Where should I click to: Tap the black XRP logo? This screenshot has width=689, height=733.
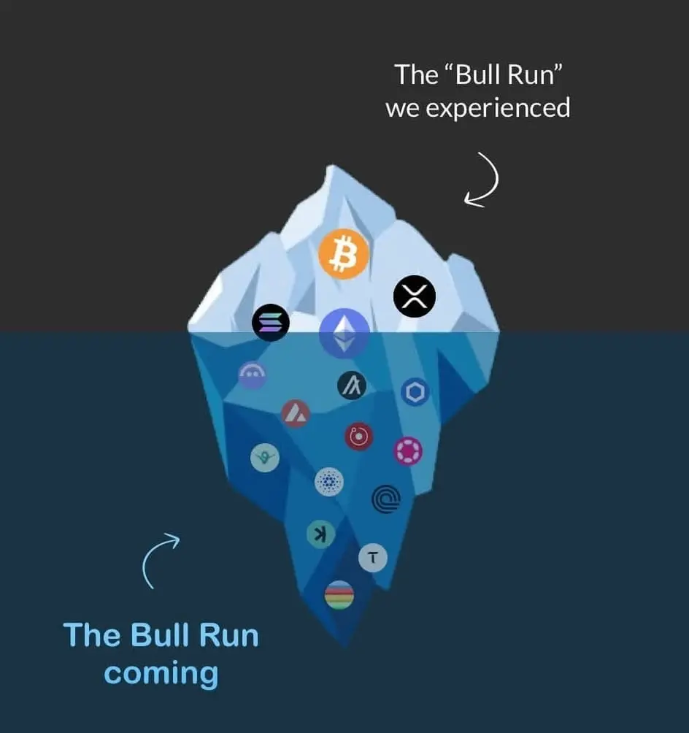tap(415, 296)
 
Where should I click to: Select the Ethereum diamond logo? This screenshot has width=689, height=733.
tap(344, 334)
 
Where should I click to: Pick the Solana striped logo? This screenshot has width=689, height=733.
tap(271, 322)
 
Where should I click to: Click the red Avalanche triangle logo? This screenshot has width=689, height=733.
tap(296, 414)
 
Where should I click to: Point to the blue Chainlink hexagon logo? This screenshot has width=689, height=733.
tap(415, 392)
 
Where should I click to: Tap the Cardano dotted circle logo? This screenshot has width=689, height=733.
tap(328, 482)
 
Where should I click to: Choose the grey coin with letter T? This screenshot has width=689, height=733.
tap(373, 559)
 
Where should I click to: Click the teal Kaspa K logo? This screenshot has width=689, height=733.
tap(320, 534)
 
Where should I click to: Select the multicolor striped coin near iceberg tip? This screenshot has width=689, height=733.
tap(339, 595)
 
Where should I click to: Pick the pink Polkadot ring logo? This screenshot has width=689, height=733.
tap(408, 451)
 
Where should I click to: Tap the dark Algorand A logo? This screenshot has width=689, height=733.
tap(352, 385)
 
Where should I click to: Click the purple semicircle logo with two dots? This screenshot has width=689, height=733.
tap(253, 375)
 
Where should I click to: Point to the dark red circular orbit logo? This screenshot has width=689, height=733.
tap(359, 437)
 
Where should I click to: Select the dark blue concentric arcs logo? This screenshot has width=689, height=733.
tap(385, 499)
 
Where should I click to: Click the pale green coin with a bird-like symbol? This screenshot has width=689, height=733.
tap(265, 458)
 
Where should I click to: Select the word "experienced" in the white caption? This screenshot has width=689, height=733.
tap(498, 109)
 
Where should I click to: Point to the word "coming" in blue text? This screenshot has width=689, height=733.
tap(161, 672)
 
